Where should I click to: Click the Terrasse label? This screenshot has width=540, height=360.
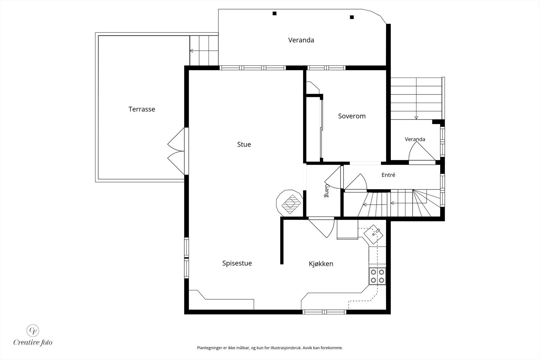[x=142, y=109]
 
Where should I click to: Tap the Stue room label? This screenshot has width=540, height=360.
[x=244, y=144]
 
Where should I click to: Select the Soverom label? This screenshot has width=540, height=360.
[x=352, y=116]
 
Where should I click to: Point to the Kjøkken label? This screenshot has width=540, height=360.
[x=321, y=264]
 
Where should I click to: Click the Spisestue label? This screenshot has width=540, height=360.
[x=237, y=263]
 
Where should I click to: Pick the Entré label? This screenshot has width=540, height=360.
[x=388, y=175]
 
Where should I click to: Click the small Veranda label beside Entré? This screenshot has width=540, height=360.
[x=415, y=139]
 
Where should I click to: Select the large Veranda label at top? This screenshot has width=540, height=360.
[x=301, y=40]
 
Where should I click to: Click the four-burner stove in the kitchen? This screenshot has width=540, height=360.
[x=377, y=276]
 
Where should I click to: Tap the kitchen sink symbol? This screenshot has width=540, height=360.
[x=373, y=234]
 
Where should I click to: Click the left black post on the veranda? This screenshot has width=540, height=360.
[x=274, y=13]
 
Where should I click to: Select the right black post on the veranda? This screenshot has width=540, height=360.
[x=352, y=17]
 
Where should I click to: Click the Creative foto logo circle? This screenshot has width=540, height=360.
[x=32, y=331]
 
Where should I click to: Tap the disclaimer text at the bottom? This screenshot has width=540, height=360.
[x=270, y=348]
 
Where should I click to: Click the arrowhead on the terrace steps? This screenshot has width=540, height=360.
[x=191, y=51]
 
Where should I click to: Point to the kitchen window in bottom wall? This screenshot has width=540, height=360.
[x=324, y=312]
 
